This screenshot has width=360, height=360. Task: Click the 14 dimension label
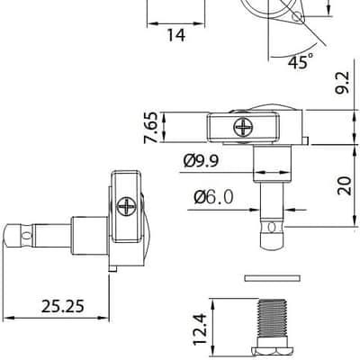tap(176, 35)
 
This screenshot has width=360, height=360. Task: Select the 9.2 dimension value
tap(343, 83)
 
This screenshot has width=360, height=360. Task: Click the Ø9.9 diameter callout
tap(201, 161)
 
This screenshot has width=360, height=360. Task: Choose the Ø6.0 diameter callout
tap(213, 197)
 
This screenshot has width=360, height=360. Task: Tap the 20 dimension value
tap(344, 186)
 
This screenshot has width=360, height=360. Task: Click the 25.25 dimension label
tap(63, 306)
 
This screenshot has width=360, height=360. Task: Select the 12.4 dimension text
tap(200, 328)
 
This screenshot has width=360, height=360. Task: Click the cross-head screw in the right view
tap(243, 127)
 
